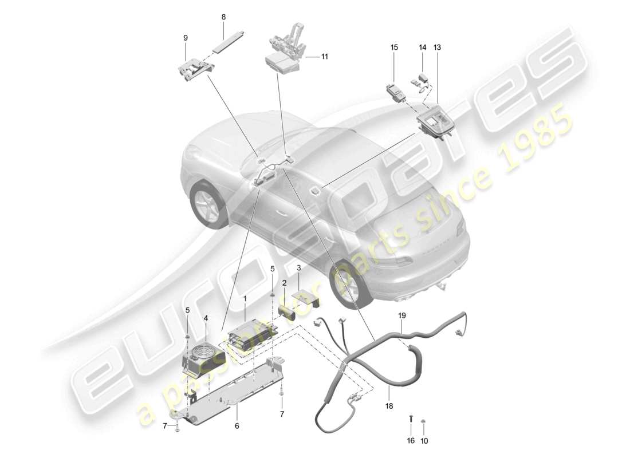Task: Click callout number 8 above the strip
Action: tap(223, 17)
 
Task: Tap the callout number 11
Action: tap(325, 57)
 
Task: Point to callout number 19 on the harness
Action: tap(402, 315)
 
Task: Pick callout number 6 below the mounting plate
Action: tap(237, 426)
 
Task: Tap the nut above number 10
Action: tap(424, 422)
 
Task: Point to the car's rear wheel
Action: tap(351, 285)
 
